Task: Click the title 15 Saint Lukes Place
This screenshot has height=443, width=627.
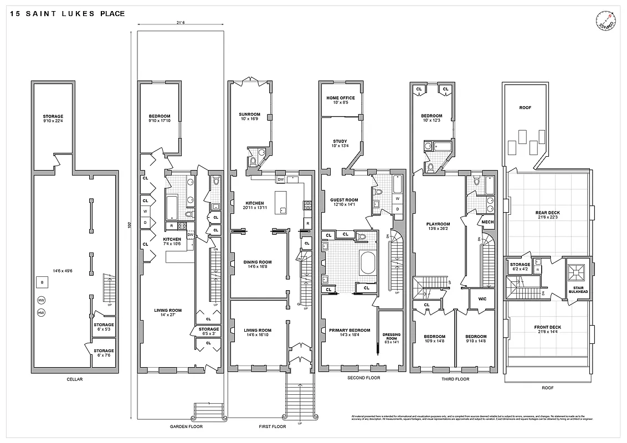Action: point(67,14)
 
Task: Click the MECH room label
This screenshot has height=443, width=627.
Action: point(487,222)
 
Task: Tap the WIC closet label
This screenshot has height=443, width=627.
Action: point(482,298)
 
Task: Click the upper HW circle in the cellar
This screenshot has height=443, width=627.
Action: point(41,300)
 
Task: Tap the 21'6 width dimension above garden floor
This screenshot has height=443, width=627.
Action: point(180,23)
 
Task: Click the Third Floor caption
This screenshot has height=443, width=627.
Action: point(455,379)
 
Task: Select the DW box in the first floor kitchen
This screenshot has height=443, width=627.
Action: point(280,179)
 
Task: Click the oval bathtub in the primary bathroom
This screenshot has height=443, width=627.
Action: point(368,262)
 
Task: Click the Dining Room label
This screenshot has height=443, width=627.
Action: point(258,264)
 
